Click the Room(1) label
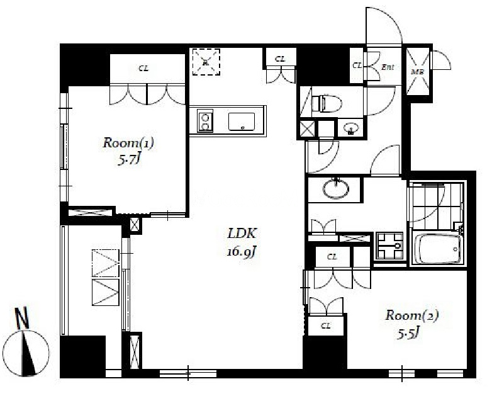pos(128,143)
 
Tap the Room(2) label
pos(412,315)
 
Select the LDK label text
pos(243,234)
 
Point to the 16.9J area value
pos(242,252)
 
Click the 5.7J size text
pos(128,161)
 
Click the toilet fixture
pos(327,103)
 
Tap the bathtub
pos(437,249)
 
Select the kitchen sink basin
pos(242,122)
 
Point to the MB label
pos(417,72)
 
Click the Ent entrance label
pos(388,67)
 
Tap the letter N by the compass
pos(22,318)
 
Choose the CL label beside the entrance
pos(357,65)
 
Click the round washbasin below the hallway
pos(336,188)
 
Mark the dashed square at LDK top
pos(206,62)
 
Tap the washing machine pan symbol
pos(389,246)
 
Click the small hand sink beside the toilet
pos(351,128)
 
